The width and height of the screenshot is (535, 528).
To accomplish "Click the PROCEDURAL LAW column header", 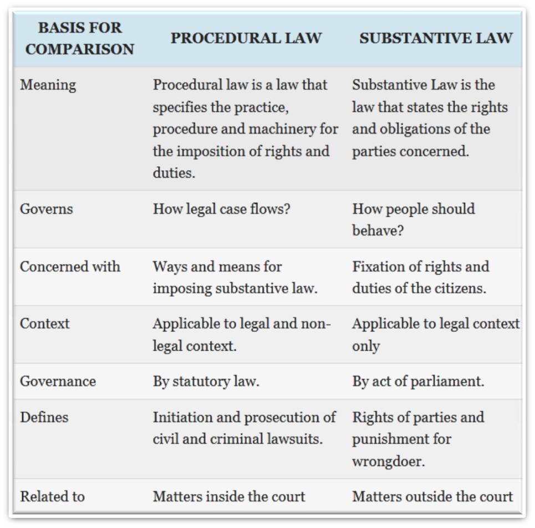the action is [x=246, y=38].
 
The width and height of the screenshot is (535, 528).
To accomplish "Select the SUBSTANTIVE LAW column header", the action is [x=436, y=38].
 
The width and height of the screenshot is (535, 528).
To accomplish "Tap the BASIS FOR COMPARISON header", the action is [x=80, y=38].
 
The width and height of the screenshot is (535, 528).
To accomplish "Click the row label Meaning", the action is [x=48, y=85].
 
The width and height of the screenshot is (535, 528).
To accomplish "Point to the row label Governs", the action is [x=46, y=209].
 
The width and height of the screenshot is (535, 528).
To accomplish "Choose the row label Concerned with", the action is [x=70, y=266].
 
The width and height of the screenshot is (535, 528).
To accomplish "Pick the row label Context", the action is [x=44, y=324].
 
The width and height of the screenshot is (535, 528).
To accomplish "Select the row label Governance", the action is [x=58, y=381].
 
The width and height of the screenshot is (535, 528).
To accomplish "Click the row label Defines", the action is [x=44, y=417].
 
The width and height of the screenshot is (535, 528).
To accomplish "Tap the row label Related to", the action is [x=52, y=496].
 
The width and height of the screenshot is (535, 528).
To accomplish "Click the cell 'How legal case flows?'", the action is [x=221, y=209].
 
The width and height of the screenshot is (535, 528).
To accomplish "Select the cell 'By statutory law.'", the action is [x=206, y=381].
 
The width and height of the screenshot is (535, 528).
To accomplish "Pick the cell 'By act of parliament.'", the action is [x=418, y=381].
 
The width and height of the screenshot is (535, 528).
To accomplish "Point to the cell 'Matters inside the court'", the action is [x=228, y=496].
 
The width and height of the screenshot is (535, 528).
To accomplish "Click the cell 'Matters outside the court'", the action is [x=432, y=496].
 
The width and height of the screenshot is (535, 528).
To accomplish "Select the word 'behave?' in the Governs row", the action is [x=378, y=230].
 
